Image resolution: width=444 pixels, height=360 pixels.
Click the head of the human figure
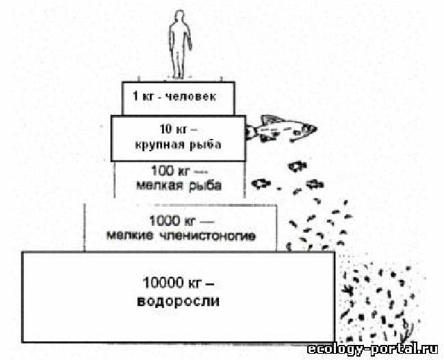click(x=179, y=16)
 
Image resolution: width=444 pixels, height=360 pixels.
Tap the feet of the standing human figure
click(x=179, y=75)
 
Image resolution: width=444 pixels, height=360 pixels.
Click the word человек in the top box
click(x=190, y=97)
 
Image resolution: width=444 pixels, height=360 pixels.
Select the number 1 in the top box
click(x=135, y=97)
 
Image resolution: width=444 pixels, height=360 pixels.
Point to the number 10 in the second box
click(x=166, y=129)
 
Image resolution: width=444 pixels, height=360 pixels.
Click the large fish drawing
click(x=281, y=129)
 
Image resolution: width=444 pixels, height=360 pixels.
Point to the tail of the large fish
click(x=250, y=131)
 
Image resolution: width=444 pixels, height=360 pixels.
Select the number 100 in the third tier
click(x=162, y=171)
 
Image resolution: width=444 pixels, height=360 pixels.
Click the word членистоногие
click(x=207, y=236)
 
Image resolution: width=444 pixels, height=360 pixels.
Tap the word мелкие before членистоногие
click(x=130, y=235)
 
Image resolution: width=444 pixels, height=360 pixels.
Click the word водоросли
click(x=178, y=301)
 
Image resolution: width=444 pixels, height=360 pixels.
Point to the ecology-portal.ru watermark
click(x=372, y=349)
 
